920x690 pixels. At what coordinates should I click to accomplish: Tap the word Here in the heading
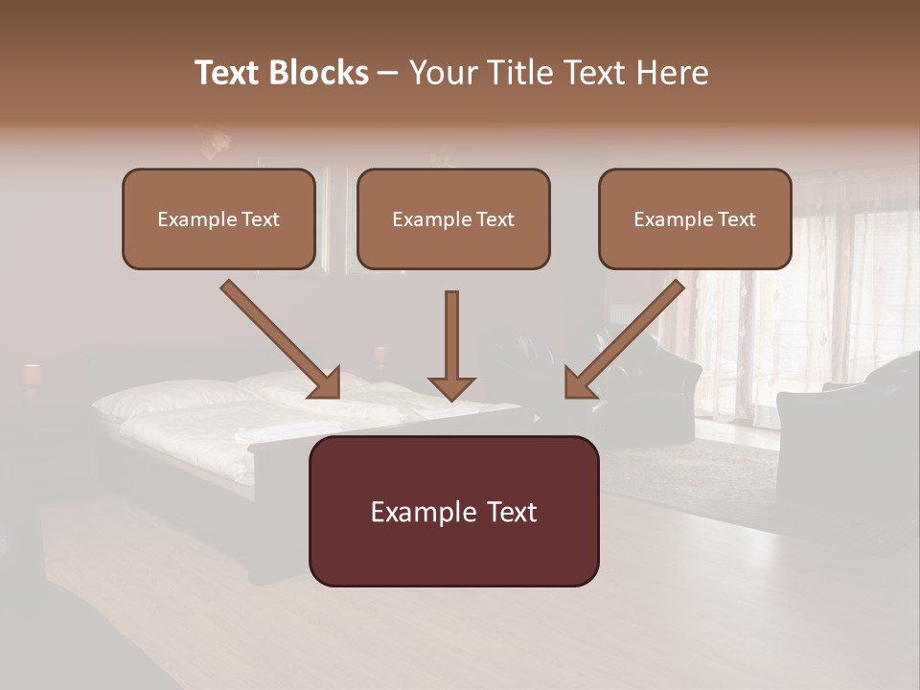pyautogui.click(x=676, y=73)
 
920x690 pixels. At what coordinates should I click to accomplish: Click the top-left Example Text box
pyautogui.click(x=218, y=219)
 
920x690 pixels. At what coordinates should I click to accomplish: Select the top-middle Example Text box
pyautogui.click(x=453, y=219)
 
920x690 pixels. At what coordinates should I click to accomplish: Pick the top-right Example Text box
pyautogui.click(x=695, y=219)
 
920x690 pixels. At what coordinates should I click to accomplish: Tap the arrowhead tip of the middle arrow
pyautogui.click(x=451, y=398)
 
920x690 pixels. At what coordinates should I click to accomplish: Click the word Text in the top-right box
pyautogui.click(x=736, y=219)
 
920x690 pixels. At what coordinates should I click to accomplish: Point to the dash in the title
pyautogui.click(x=388, y=74)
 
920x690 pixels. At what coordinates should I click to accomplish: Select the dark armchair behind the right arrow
pyautogui.click(x=661, y=383)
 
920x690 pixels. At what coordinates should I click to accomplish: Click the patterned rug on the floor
pyautogui.click(x=690, y=470)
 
